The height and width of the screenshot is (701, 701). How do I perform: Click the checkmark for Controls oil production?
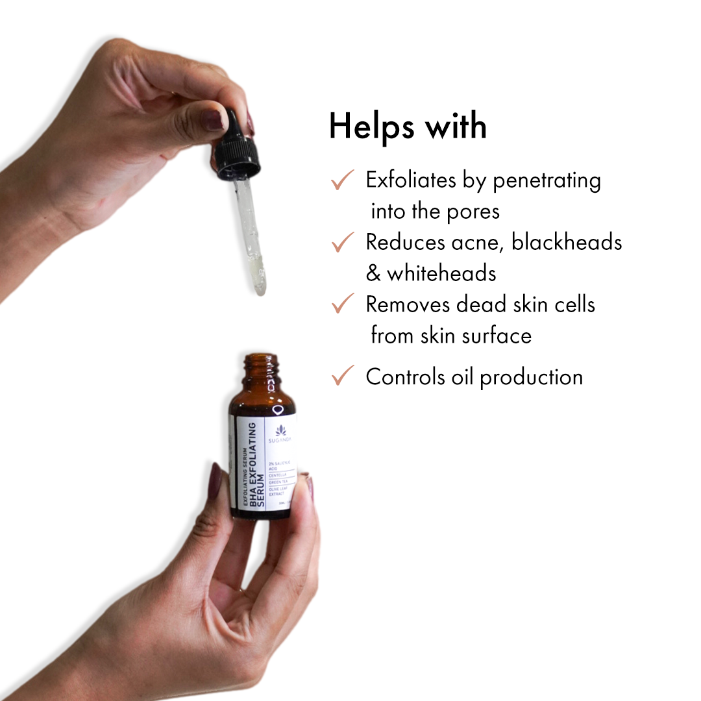click(x=342, y=376)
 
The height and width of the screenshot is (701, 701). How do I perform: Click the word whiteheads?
click(x=441, y=273)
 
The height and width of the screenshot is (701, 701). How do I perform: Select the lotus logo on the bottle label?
click(x=281, y=430)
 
